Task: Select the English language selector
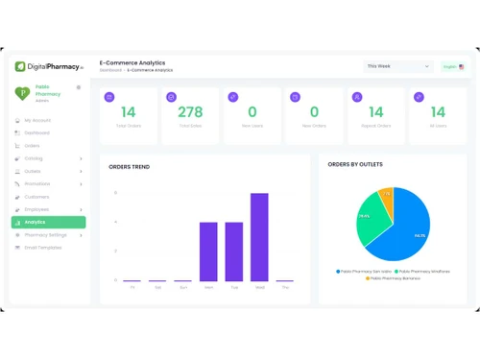[452, 66]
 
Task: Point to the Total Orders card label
[129, 126]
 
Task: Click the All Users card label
[438, 126]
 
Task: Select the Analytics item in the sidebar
[48, 222]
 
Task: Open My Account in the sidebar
[38, 120]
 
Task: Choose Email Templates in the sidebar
[43, 247]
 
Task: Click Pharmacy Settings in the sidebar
[46, 234]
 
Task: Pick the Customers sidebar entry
[37, 196]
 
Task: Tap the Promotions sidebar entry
[38, 183]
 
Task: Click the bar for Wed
[259, 237]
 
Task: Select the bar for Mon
[208, 252]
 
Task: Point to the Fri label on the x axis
[132, 287]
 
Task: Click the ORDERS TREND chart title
[129, 166]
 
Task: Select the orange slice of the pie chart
[386, 197]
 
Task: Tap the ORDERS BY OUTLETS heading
[355, 164]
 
